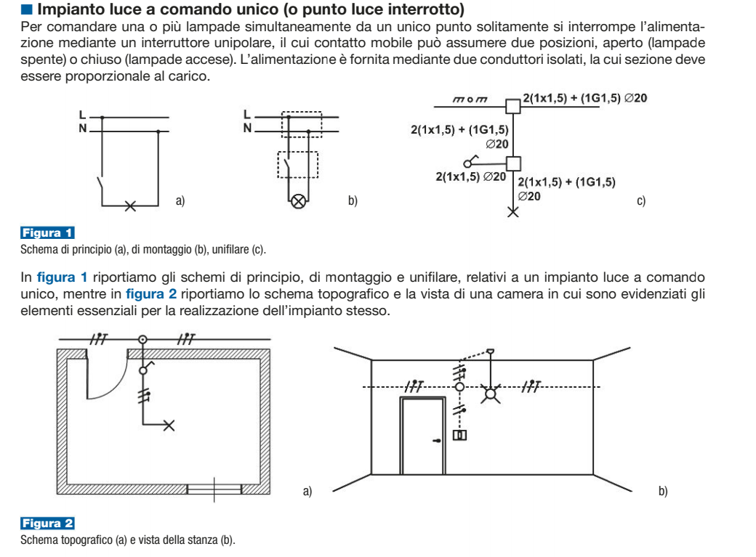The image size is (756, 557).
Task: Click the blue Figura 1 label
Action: click(47, 232)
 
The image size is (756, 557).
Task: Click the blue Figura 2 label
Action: click(47, 524)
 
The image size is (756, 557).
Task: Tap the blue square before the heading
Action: click(27, 9)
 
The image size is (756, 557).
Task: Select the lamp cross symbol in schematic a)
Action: click(130, 206)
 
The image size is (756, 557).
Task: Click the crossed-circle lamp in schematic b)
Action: click(299, 201)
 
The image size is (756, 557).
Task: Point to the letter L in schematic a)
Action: click(82, 115)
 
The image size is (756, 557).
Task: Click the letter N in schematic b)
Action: click(247, 128)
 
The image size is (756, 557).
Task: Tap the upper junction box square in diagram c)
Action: click(513, 106)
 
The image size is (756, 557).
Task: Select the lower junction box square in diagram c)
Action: click(513, 164)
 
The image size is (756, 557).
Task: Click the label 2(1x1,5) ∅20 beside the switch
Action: click(470, 177)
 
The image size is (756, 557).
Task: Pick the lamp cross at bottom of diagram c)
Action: click(513, 211)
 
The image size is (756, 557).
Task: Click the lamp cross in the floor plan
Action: click(169, 425)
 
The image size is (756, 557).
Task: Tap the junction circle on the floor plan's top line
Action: click(142, 340)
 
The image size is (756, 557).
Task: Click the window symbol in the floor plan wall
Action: click(214, 489)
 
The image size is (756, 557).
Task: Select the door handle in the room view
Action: click(437, 440)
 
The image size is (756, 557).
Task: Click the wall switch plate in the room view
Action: click(459, 436)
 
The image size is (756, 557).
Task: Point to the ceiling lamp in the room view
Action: click(491, 394)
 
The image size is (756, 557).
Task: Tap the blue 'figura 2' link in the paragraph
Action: click(151, 294)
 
